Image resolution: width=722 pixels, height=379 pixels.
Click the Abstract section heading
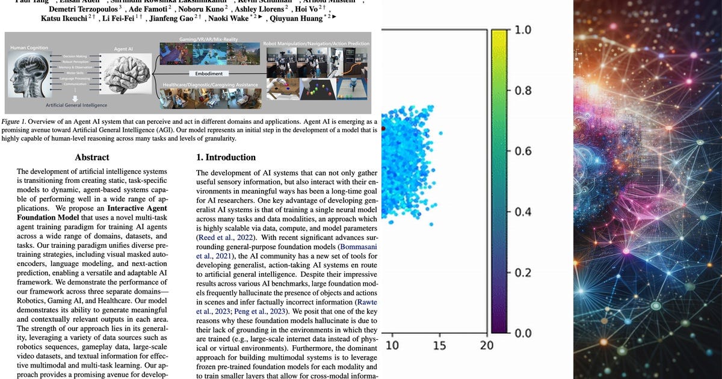tap(92, 158)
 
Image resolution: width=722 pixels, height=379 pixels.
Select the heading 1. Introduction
tap(226, 158)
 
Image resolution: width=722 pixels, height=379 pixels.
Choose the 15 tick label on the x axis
tap(440, 345)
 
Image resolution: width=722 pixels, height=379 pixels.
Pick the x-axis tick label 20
tap(486, 345)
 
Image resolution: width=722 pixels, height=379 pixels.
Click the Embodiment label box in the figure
tap(209, 73)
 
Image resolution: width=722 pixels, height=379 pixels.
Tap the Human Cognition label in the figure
tap(29, 48)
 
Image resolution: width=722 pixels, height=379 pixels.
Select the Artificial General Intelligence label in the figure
tap(76, 105)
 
